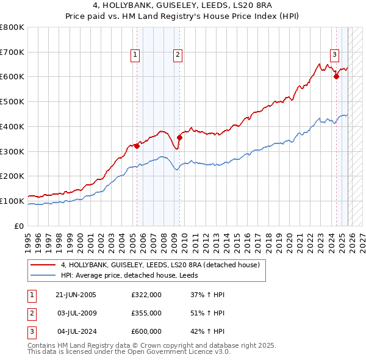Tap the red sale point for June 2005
pyautogui.click(x=137, y=145)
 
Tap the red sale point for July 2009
pyautogui.click(x=179, y=137)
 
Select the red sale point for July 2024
pyautogui.click(x=336, y=76)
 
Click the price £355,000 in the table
pyautogui.click(x=146, y=313)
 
